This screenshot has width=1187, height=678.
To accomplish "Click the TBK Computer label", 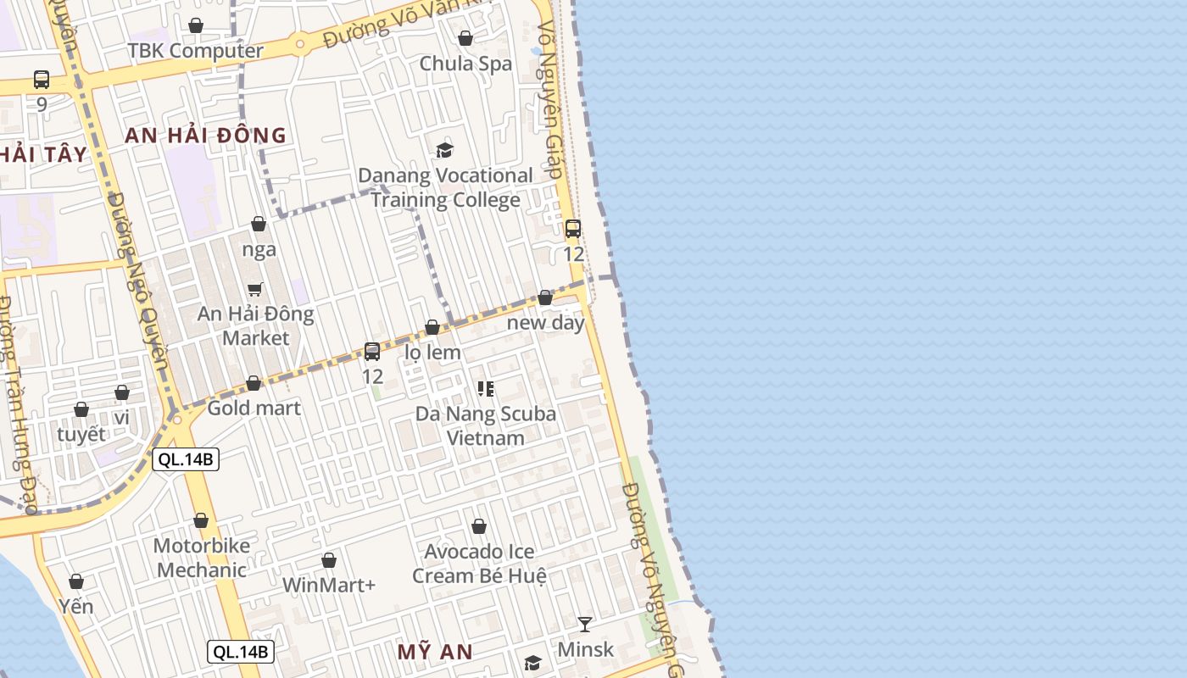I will tap(195, 51).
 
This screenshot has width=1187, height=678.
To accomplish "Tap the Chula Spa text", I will tap(465, 64).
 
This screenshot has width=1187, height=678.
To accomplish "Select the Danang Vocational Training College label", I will tap(445, 187).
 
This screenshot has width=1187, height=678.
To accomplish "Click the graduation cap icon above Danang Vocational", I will tap(444, 151).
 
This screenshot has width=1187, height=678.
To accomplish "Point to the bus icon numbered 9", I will tap(42, 81).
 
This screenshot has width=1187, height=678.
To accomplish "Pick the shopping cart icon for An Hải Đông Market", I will tap(255, 289).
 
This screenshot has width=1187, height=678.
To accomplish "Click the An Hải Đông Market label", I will tap(255, 325).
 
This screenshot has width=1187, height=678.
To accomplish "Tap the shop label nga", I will tap(259, 249).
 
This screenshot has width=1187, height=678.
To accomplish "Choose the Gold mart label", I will tap(254, 408).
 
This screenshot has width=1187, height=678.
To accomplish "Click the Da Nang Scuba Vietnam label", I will tap(486, 425).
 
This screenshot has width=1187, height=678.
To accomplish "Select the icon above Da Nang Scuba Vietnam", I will tap(486, 389).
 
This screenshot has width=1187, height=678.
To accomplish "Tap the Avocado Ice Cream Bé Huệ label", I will tap(479, 564).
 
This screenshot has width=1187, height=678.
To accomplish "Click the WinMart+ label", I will tap(329, 585).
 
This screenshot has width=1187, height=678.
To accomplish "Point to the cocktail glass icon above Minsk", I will tap(585, 625).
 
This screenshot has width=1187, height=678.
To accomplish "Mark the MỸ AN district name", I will tap(435, 652).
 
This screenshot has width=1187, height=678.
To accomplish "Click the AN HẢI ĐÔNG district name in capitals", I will tap(206, 136).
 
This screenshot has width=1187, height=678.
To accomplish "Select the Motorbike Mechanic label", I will tap(202, 558).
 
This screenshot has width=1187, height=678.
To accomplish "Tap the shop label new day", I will tap(545, 322).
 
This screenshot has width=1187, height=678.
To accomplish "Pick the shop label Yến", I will tap(76, 606).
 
